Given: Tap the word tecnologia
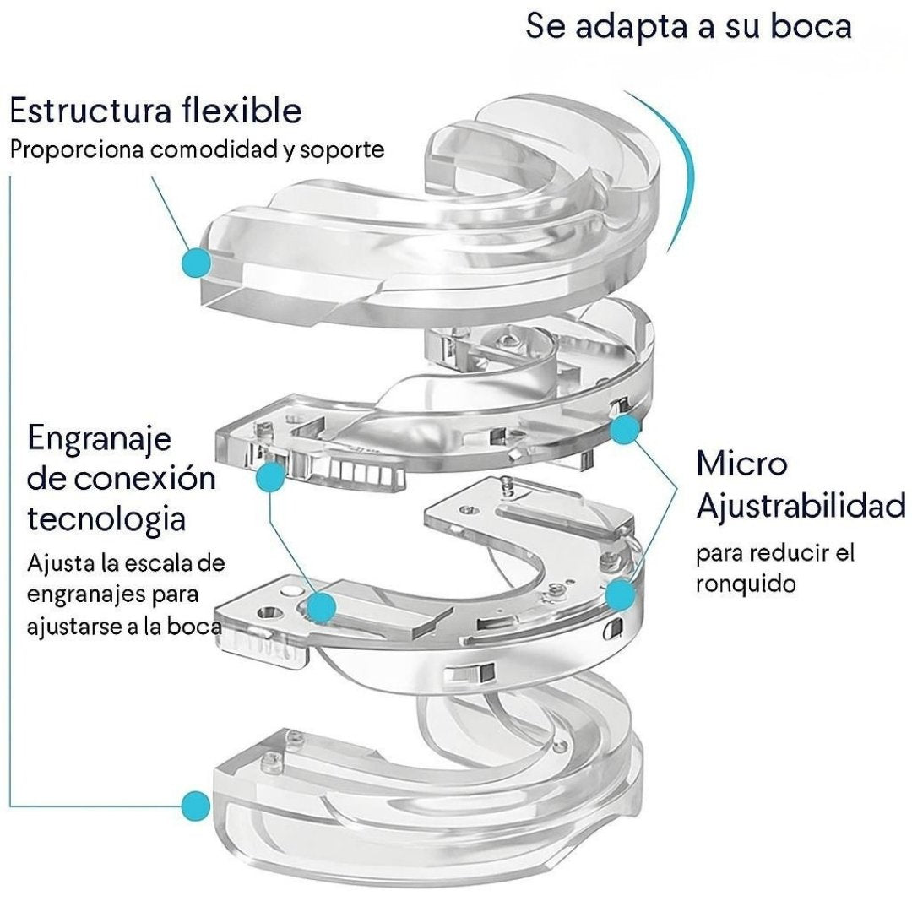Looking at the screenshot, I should click(106, 518).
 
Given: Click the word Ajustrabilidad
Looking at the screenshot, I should click(800, 508).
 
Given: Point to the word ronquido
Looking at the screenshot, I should click(746, 584).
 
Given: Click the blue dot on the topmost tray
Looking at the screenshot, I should click(197, 262).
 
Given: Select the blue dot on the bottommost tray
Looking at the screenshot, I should click(196, 801).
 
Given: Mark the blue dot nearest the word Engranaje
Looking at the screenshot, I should click(270, 477).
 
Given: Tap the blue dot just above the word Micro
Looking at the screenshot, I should click(624, 431).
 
